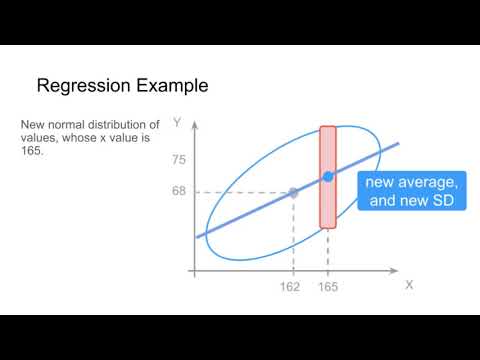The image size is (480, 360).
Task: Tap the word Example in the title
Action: [x=174, y=86]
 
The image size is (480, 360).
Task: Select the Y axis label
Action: [x=176, y=123]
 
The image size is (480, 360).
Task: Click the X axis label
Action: [x=408, y=285]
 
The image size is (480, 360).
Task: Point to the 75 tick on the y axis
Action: [x=179, y=160]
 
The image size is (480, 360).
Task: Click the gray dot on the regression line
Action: [x=293, y=192]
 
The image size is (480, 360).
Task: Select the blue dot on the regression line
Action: [x=328, y=177]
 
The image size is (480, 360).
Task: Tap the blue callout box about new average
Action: [x=410, y=190]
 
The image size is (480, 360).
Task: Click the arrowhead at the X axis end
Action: [x=395, y=270]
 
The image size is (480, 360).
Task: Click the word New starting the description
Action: [x=32, y=125]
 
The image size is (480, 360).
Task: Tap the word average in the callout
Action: [x=432, y=181]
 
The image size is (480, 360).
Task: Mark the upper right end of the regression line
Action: [x=398, y=144]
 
